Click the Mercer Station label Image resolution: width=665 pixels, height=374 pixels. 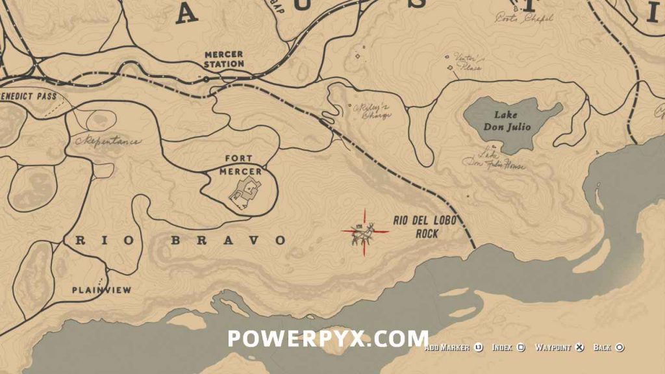(224, 59)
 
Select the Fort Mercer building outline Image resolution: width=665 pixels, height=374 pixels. (246, 191)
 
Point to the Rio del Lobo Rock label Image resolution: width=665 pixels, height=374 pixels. (425, 227)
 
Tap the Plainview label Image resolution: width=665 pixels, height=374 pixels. (101, 290)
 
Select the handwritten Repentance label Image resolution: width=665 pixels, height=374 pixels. (108, 141)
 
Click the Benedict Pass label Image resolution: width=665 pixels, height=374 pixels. (29, 97)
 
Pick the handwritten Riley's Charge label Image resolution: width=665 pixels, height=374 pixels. (371, 111)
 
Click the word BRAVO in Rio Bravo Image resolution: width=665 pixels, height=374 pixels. (227, 240)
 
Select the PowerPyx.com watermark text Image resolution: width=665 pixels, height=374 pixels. (328, 338)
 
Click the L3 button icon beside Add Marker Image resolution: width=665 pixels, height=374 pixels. (478, 348)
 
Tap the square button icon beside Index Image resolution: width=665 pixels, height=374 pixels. (520, 348)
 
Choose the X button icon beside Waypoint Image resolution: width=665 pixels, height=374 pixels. (581, 348)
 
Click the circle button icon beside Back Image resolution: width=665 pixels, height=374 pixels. (620, 348)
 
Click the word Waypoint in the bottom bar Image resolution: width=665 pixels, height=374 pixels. (553, 348)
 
